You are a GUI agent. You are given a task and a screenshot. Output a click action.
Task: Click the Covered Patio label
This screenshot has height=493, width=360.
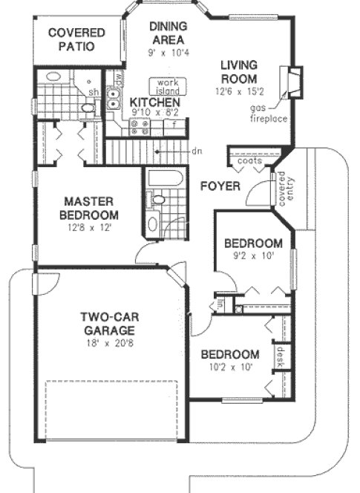click(76, 39)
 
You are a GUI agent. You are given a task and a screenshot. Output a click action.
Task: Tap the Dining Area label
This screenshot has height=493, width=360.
click(168, 33)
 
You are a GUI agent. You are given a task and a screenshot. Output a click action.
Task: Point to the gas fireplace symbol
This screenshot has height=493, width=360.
click(295, 82)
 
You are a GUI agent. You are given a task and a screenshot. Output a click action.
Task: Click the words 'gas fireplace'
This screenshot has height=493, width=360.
click(268, 114)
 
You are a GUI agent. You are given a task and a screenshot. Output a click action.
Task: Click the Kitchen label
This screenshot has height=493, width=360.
click(155, 102)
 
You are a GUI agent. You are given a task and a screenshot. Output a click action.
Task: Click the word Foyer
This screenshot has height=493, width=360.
click(220, 186)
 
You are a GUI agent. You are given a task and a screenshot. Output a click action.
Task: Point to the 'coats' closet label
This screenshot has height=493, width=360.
click(246, 161)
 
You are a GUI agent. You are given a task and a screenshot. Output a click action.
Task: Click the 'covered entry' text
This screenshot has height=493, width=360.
click(281, 189)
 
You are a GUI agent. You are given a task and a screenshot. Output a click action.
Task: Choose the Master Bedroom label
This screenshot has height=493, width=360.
click(88, 208)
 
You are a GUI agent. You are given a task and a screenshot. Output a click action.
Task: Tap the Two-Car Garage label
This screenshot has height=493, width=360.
click(108, 324)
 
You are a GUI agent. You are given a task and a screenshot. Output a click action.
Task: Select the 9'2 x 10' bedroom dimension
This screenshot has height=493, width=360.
click(252, 257)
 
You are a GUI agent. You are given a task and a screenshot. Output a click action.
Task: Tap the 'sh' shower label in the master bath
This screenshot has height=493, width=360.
click(95, 92)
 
